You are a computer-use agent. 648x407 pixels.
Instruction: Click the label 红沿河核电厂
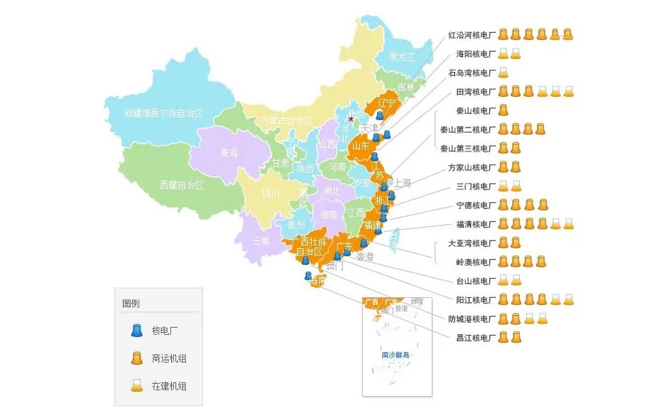click(471, 35)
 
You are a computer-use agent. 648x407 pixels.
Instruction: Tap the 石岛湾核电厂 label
click(471, 73)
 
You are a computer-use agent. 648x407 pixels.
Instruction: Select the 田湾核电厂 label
click(475, 92)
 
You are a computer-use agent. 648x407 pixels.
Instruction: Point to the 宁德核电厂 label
click(475, 205)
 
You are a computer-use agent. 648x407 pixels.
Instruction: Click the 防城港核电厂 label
click(471, 319)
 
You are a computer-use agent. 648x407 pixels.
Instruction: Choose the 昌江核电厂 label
click(475, 338)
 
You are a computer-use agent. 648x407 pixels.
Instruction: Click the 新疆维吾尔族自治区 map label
click(163, 114)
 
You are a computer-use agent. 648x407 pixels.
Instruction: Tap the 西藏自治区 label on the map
click(181, 186)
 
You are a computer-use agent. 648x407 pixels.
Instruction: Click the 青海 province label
click(229, 153)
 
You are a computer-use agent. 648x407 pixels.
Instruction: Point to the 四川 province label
click(271, 194)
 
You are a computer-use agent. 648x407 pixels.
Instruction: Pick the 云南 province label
click(261, 241)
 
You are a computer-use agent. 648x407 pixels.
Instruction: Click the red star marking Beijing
click(350, 119)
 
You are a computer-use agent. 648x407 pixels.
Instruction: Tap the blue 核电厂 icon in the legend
click(136, 331)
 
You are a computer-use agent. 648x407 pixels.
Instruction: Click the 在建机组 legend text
click(169, 386)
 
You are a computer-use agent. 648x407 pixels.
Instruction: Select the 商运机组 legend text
click(169, 358)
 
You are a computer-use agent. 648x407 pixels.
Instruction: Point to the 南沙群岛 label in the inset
click(395, 355)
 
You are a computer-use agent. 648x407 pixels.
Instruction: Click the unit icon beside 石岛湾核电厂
click(503, 73)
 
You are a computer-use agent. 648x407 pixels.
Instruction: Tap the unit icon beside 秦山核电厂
click(503, 111)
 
